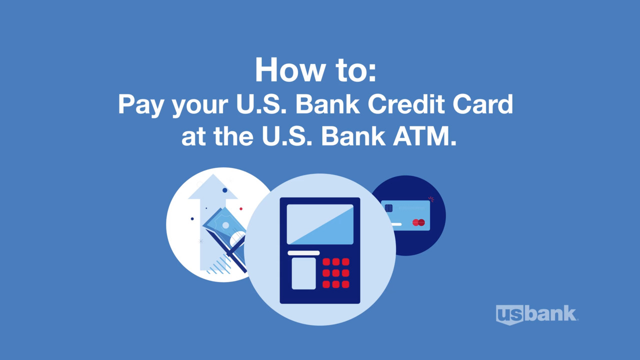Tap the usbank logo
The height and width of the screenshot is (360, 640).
pos(536,314)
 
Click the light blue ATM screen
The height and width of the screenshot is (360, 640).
pos(320,224)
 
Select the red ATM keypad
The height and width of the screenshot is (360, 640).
pos(335,273)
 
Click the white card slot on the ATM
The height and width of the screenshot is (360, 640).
pos(303,253)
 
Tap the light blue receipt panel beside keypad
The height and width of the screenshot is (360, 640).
pos(303,273)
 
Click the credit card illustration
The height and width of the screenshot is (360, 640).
pos(405,215)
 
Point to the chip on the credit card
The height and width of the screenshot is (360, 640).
pos(388,208)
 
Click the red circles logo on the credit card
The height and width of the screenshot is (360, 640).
pos(418,222)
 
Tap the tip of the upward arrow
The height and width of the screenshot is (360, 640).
pos(213,177)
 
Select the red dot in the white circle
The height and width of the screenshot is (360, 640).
pos(241,209)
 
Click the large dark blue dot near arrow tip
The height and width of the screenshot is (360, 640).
pos(225,190)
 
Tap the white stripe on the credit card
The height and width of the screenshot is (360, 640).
pos(396,224)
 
